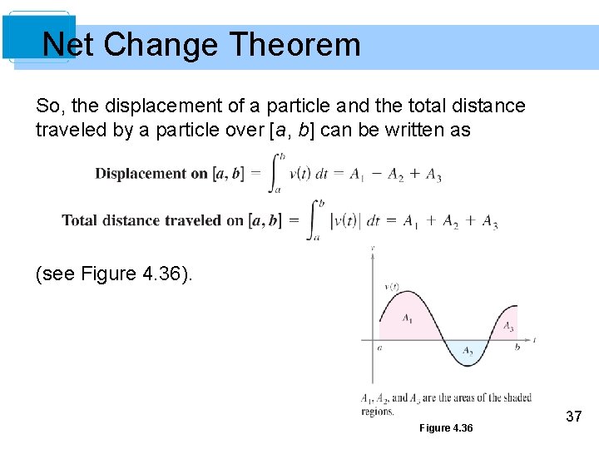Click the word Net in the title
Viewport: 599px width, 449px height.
coord(67,44)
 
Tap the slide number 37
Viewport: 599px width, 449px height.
coord(573,416)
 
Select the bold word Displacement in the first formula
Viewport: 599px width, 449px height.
coord(141,174)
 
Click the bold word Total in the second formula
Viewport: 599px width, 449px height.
coord(79,220)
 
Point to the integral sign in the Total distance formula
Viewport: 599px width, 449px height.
coord(314,220)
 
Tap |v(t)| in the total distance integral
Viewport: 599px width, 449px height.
coord(344,221)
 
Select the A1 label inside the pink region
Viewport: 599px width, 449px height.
coord(407,318)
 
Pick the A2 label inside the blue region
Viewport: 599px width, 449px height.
coord(468,351)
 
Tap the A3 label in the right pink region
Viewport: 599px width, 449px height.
coord(508,327)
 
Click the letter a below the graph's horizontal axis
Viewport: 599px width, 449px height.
coord(379,348)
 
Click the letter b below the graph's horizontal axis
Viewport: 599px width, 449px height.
coord(517,347)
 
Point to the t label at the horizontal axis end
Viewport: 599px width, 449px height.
coord(534,340)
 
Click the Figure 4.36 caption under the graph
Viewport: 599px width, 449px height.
coord(446,427)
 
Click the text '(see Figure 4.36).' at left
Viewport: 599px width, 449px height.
coord(114,273)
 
